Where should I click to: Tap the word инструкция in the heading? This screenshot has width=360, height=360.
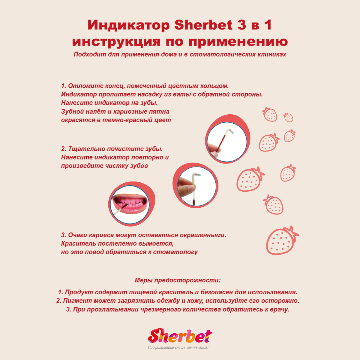point(116,41)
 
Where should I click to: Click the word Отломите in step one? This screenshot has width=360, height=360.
point(86,86)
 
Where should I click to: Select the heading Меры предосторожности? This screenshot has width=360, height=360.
point(178,280)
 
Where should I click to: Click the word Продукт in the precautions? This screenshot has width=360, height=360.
point(78,292)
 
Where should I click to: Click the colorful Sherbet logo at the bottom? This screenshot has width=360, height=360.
point(179,336)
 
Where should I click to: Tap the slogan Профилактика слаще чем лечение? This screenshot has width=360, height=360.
point(178,348)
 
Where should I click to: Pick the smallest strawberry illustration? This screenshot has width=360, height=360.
point(288,117)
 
